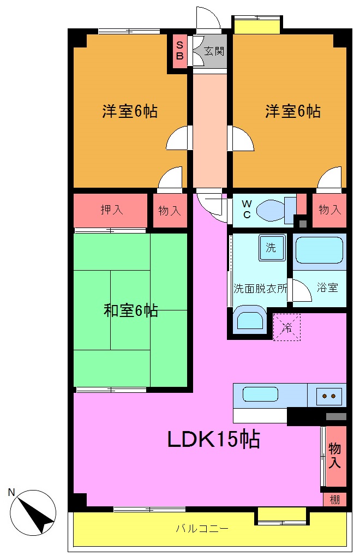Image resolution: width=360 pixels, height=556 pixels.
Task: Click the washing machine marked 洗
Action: [271, 247]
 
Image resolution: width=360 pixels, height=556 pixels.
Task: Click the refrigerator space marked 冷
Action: [286, 327]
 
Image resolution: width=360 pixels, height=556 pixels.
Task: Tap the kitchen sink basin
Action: [260, 394]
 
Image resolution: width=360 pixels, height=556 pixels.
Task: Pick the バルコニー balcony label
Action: [202, 528]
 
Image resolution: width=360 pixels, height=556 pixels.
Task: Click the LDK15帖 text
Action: [213, 439]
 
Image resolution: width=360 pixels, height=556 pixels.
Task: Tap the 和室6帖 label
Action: [131, 311]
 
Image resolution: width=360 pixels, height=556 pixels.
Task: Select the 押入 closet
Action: [111, 210]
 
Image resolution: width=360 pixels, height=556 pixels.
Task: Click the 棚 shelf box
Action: [334, 499]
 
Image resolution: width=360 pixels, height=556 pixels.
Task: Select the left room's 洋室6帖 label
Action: [130, 111]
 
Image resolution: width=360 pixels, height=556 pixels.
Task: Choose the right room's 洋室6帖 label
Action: [293, 111]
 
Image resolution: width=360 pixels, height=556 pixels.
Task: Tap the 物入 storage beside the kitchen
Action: [334, 456]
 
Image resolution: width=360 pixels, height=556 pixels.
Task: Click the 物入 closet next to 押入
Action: [169, 210]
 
